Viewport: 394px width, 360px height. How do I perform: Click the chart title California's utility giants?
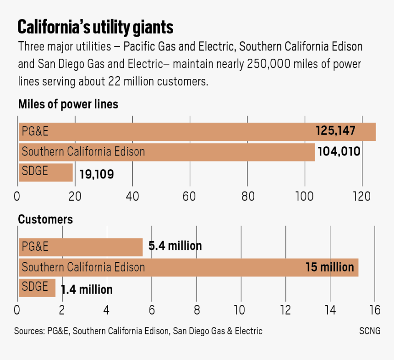(x=95, y=28)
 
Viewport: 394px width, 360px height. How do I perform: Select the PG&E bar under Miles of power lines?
(x=197, y=132)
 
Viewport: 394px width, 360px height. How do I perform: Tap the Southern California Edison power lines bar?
(x=167, y=152)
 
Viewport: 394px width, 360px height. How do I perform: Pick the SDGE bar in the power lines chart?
(x=45, y=172)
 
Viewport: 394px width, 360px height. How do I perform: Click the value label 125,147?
(x=335, y=131)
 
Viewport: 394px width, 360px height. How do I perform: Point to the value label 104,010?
(x=339, y=151)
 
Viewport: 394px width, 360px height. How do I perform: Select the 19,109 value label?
(x=96, y=174)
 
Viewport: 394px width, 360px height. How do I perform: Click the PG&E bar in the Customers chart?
(x=80, y=247)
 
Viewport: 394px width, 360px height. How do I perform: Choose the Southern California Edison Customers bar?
(x=188, y=267)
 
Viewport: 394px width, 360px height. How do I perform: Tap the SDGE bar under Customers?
(x=37, y=288)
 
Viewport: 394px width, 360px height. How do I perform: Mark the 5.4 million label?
(x=175, y=246)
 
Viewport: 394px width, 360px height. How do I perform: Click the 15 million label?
(x=329, y=267)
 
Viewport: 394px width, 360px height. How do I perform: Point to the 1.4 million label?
(x=87, y=290)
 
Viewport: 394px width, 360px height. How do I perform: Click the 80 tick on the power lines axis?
(x=247, y=196)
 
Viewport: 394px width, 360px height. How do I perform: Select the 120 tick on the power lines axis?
(x=361, y=196)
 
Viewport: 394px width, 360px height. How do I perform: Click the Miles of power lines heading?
(x=68, y=104)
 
